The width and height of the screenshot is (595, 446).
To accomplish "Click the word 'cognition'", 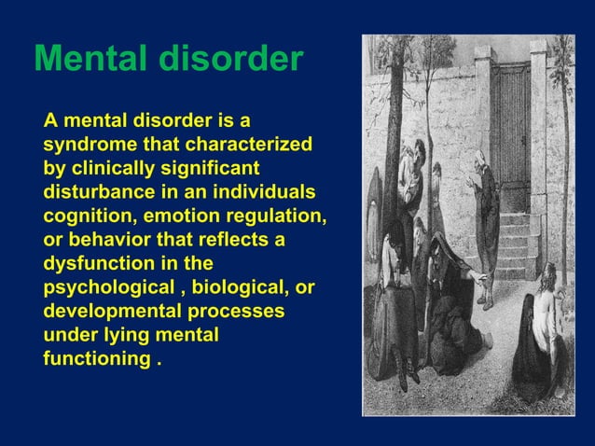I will coord(84,216).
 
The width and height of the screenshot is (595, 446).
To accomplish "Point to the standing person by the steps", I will coord(485,224).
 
